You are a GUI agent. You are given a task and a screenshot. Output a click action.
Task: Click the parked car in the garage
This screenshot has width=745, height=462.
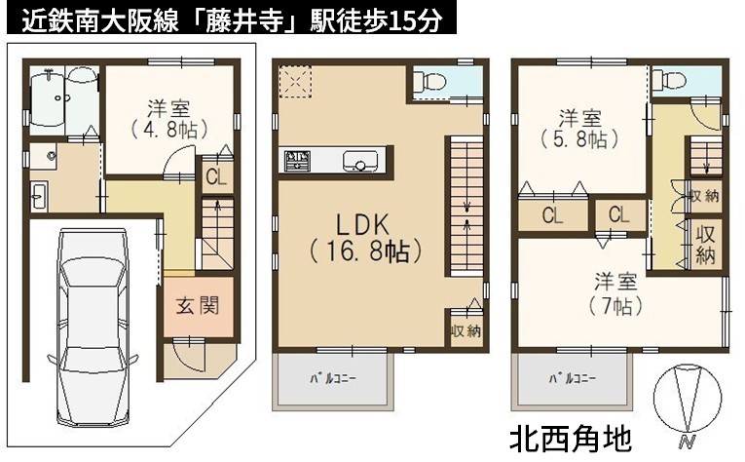92,327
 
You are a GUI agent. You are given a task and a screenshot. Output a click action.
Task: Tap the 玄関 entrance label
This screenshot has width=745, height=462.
198,306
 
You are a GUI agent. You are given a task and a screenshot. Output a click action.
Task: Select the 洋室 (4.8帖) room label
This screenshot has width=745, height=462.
169,119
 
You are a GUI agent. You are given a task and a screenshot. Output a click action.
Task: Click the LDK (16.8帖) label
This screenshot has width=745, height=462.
365,238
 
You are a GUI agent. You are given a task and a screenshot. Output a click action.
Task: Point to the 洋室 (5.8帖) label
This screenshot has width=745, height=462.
580,129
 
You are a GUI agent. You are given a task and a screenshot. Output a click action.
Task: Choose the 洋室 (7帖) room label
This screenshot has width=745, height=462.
615,293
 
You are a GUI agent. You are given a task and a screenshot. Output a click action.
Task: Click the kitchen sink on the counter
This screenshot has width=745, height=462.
360,161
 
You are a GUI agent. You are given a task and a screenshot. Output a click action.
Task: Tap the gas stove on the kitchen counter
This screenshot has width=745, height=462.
297,161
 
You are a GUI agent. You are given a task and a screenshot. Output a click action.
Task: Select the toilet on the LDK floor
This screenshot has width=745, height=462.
429,81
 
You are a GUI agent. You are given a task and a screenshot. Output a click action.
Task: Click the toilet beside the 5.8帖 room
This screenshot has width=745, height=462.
668,80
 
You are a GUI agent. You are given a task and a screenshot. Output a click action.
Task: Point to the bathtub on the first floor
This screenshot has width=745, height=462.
47,101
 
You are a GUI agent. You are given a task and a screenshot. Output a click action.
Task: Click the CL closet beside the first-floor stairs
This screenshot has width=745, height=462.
216,177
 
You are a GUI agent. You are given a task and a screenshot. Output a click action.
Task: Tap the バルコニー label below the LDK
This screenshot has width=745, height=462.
333,379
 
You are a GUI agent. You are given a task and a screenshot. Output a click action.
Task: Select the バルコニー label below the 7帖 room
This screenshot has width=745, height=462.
572,379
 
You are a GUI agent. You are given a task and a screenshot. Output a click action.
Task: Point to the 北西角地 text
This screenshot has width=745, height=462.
570,439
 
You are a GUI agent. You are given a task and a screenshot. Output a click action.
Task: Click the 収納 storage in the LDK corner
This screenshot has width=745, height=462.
466,329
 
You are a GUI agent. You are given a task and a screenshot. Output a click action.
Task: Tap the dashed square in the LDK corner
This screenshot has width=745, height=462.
295,81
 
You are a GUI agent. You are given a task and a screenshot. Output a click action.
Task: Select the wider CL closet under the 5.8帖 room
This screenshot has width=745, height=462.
553,215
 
